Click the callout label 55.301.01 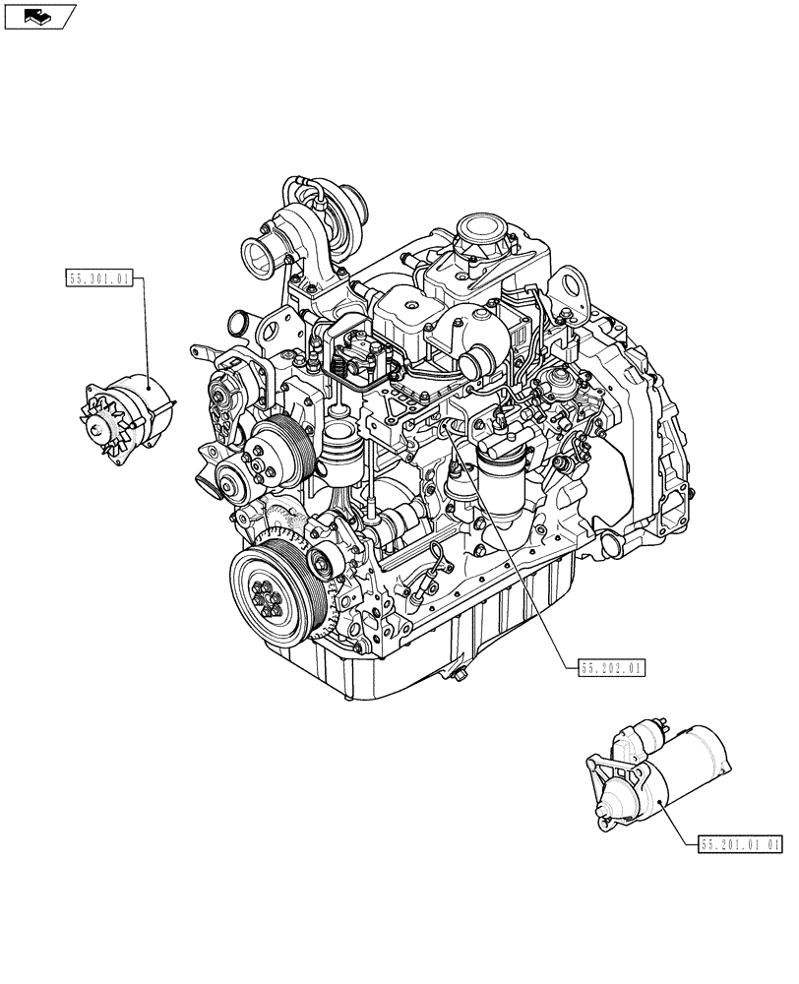tap(98, 279)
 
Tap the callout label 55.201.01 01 tap(741, 843)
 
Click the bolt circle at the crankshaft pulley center tap(268, 596)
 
